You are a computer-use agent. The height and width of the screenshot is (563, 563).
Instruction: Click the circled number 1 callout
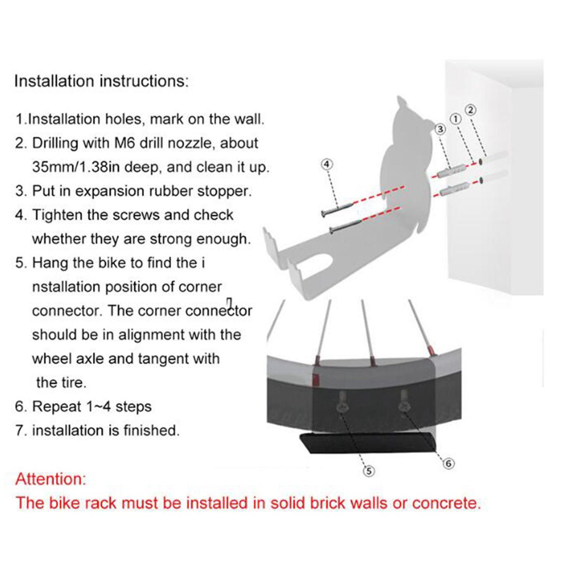click(x=456, y=119)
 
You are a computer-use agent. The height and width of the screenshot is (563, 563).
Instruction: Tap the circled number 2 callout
click(x=471, y=110)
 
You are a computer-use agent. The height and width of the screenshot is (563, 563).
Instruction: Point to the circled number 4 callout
click(x=327, y=164)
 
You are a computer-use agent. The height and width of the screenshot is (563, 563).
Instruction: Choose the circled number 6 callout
click(x=448, y=463)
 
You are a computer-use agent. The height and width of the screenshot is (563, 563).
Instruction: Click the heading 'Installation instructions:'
click(x=102, y=81)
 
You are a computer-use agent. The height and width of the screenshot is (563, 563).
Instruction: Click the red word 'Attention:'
click(x=51, y=479)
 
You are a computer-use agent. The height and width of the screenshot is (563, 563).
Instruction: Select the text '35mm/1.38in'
click(x=74, y=167)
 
